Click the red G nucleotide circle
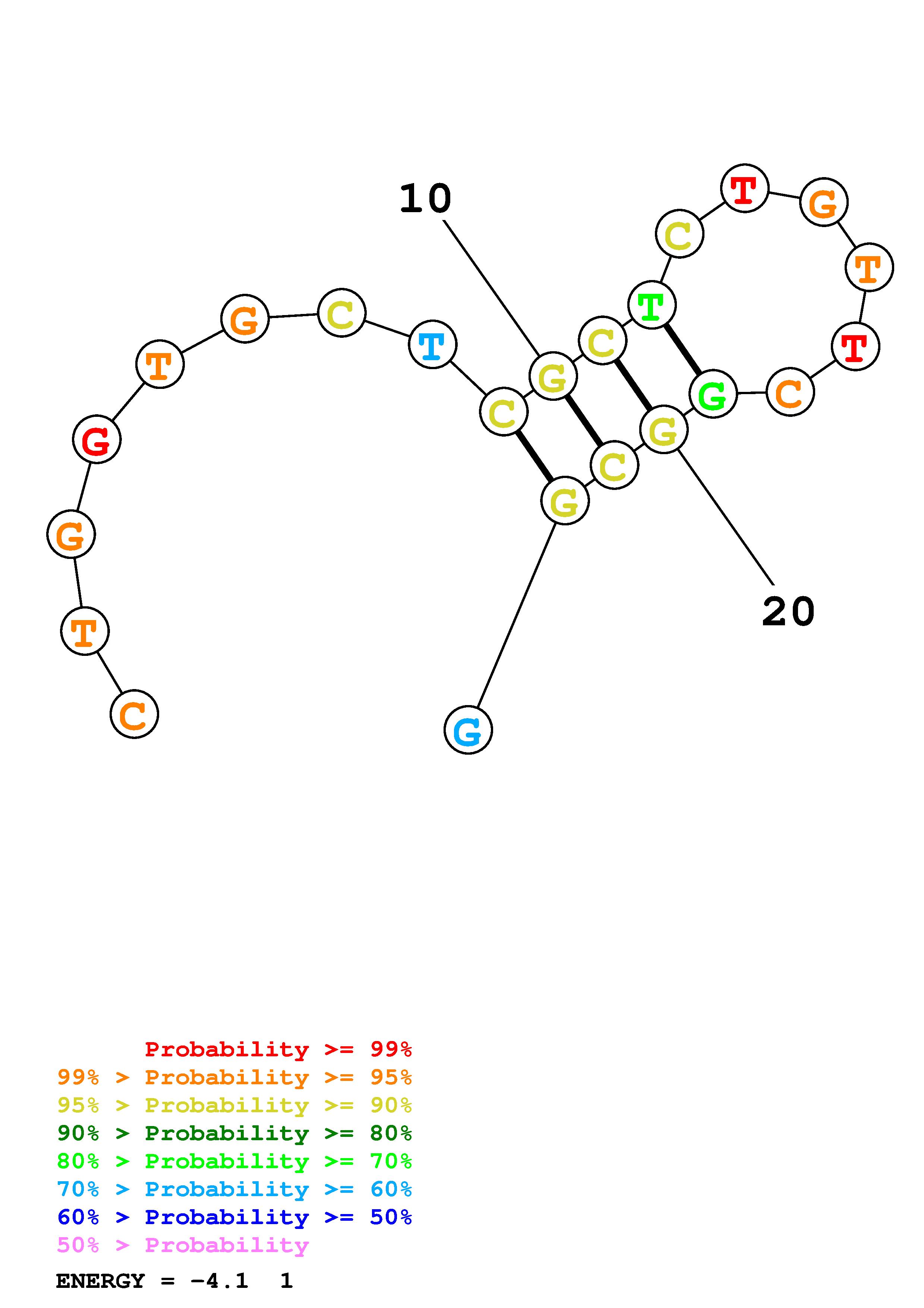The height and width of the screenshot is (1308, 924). point(97,440)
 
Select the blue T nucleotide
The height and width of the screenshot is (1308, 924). point(433,345)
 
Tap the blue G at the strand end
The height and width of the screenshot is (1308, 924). point(468,730)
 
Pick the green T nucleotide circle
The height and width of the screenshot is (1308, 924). point(652,305)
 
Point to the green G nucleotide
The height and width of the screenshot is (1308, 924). point(713,394)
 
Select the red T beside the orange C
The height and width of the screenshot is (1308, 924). point(855,346)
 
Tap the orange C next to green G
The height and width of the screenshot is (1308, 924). point(790,392)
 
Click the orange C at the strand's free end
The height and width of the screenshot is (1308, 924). point(134,714)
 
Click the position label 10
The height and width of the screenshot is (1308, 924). point(425,199)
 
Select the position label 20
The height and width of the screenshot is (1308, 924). point(788,612)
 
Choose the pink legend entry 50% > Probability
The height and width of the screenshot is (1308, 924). point(183,1245)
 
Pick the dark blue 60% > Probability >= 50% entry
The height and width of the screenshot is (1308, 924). point(234,1217)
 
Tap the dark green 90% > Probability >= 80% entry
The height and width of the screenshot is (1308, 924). point(234,1134)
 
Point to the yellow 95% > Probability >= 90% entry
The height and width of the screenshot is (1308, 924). point(234,1106)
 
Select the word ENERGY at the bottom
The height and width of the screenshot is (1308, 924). point(100,1281)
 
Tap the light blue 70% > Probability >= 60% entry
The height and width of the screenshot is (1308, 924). point(234,1189)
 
